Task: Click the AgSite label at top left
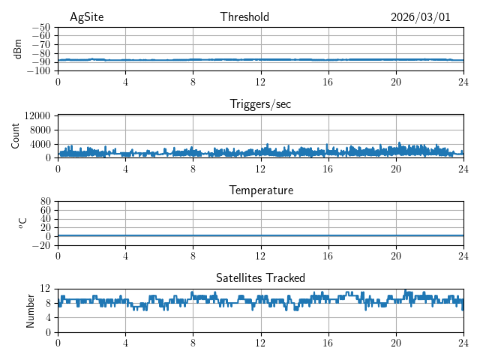click(87, 17)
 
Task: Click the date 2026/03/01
click(420, 17)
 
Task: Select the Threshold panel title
click(244, 17)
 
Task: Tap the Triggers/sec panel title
click(260, 104)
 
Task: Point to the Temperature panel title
click(260, 190)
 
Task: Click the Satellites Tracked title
click(260, 277)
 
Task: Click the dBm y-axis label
click(18, 49)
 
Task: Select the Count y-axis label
click(16, 136)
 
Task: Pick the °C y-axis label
click(22, 223)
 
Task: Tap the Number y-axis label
click(31, 310)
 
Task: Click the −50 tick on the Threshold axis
click(40, 28)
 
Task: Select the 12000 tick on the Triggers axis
click(37, 116)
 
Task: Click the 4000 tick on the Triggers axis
click(40, 144)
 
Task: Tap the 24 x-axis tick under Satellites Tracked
click(463, 342)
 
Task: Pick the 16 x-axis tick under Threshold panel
click(328, 81)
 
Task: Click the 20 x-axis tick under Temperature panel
click(395, 255)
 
